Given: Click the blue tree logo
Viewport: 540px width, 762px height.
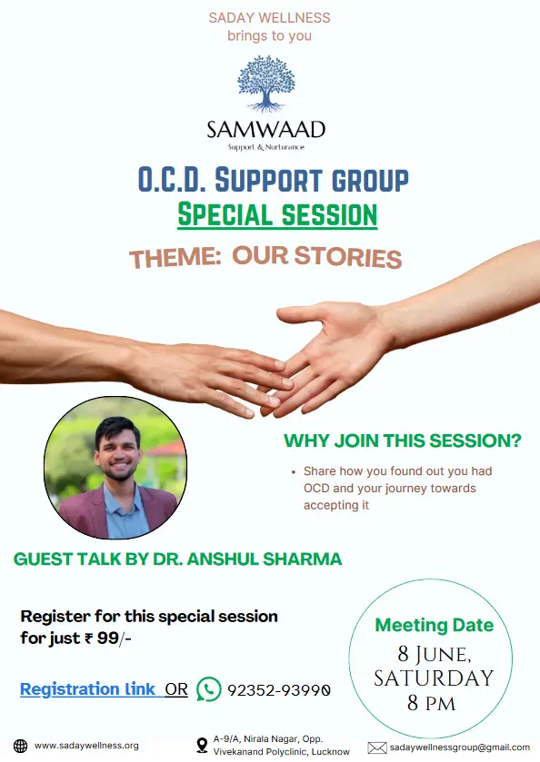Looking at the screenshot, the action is pyautogui.click(x=266, y=84).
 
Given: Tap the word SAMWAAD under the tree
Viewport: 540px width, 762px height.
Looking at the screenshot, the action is pyautogui.click(x=266, y=130).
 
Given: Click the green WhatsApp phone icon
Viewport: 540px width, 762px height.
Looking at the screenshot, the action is pyautogui.click(x=209, y=689).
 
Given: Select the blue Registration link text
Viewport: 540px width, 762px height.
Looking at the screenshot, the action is pyautogui.click(x=87, y=689).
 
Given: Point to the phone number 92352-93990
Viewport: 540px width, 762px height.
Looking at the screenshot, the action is pyautogui.click(x=279, y=690).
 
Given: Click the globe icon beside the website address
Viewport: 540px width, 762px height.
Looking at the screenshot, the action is pyautogui.click(x=20, y=746).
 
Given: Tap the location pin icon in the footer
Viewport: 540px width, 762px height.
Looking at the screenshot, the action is pyautogui.click(x=202, y=745).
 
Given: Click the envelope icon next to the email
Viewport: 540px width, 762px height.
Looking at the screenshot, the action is pyautogui.click(x=377, y=747).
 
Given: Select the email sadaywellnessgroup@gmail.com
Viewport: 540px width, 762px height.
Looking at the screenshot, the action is pyautogui.click(x=460, y=747).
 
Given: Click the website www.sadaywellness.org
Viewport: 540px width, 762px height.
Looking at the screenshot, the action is pyautogui.click(x=86, y=746).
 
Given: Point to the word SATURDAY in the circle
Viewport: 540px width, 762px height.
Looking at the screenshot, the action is pyautogui.click(x=434, y=678).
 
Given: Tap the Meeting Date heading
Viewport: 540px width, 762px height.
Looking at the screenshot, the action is pyautogui.click(x=435, y=625).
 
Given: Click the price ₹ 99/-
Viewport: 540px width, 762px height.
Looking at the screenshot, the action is pyautogui.click(x=108, y=638).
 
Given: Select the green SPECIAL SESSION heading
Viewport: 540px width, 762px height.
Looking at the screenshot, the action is pyautogui.click(x=277, y=215).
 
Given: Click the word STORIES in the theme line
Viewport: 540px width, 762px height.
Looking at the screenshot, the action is pyautogui.click(x=348, y=257).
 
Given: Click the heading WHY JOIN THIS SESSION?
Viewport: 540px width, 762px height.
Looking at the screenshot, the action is pyautogui.click(x=403, y=440).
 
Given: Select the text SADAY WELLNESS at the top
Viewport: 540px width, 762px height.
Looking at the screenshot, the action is pyautogui.click(x=269, y=18).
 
